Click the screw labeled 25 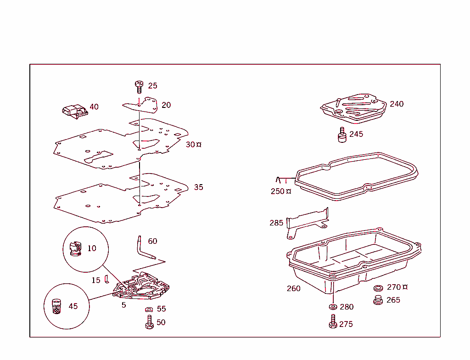click(139, 86)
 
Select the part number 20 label click(166, 105)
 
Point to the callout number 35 click(198, 187)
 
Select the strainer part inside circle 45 click(56, 306)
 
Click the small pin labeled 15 click(106, 279)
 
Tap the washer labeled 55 click(149, 310)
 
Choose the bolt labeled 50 click(149, 322)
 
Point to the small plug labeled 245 click(342, 135)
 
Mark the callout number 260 click(294, 288)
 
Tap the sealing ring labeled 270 click(379, 288)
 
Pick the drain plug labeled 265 click(379, 301)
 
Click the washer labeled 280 click(332, 307)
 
